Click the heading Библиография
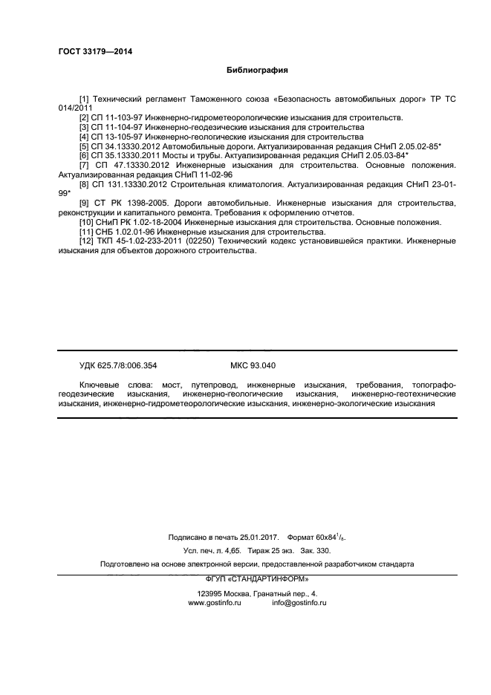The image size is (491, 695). pos(256,71)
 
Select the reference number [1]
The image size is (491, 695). pos(84,98)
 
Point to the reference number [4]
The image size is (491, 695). pos(84,137)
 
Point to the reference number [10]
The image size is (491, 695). pos(86,222)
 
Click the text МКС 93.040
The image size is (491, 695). pos(253,365)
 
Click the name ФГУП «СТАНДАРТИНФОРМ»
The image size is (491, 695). pos(256,578)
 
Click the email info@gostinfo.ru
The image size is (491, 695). pos(299,603)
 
